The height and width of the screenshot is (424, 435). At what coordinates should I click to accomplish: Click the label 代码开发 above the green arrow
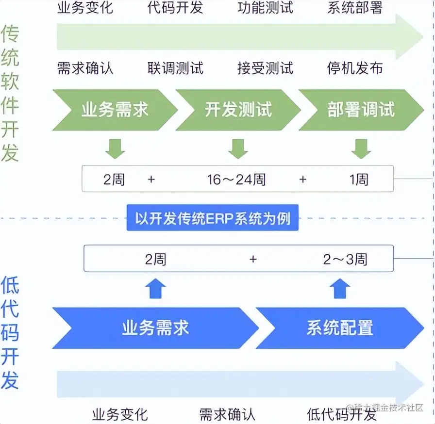(175, 8)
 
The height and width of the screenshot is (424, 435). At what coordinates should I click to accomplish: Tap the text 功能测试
(266, 8)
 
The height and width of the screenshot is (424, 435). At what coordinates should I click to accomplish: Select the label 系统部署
(355, 8)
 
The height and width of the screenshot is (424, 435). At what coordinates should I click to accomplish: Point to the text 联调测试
(175, 68)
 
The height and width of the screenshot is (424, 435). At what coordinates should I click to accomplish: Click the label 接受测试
(266, 68)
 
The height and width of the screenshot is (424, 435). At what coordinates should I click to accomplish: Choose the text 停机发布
(355, 68)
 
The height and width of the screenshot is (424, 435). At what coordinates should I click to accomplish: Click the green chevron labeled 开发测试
(238, 110)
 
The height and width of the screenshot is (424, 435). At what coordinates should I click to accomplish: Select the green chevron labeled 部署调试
(361, 110)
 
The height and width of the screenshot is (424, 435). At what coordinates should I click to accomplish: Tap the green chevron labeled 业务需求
(115, 110)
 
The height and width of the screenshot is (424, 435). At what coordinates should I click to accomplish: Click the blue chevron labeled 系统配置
(339, 328)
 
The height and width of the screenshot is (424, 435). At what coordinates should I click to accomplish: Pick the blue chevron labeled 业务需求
(155, 328)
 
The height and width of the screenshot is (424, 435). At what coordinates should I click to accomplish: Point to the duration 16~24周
(236, 179)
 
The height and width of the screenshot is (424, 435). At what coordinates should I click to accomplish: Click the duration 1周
(359, 179)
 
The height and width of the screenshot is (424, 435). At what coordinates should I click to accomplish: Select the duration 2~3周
(345, 259)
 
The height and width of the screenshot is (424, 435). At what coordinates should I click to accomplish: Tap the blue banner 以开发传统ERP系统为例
(213, 218)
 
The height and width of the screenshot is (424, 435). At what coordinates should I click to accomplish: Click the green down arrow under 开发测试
(238, 148)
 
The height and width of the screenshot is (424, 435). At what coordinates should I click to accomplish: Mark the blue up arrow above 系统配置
(340, 289)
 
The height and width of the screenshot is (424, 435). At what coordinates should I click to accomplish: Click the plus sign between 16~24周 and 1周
(303, 179)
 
